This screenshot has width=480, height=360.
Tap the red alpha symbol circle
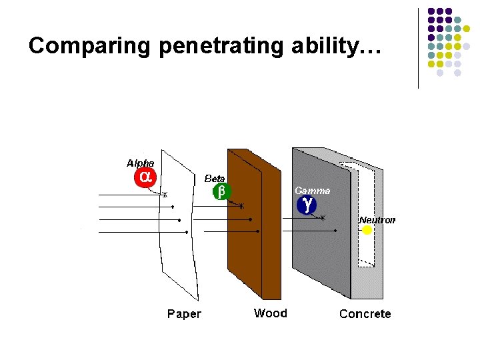(x=145, y=177)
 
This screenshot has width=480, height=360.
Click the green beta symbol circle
(x=221, y=191)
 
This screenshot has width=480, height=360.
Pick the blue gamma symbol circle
(x=306, y=205)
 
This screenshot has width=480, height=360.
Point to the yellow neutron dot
(x=367, y=230)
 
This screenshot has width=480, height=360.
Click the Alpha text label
(x=140, y=163)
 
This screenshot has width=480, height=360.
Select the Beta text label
(x=215, y=179)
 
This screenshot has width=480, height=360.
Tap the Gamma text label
(x=312, y=190)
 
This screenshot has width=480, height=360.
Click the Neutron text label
(x=377, y=219)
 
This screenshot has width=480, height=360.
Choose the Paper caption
(x=184, y=314)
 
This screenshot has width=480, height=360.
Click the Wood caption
(x=271, y=313)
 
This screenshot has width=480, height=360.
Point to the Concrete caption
(x=365, y=313)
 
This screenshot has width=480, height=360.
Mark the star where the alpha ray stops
(x=165, y=195)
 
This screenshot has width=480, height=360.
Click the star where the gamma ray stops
(x=323, y=218)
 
